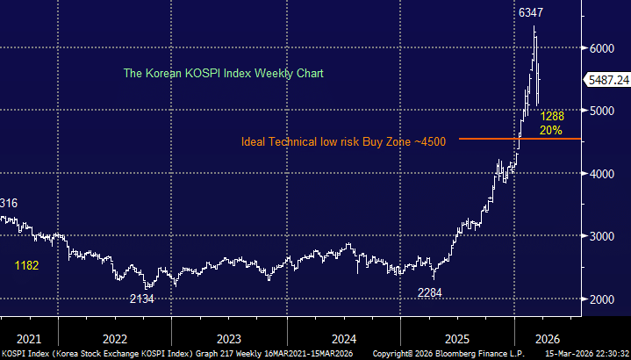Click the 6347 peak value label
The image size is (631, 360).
click(529, 13)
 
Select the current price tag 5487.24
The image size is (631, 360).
click(607, 79)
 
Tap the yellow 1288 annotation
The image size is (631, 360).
click(552, 116)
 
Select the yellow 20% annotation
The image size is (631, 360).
click(551, 130)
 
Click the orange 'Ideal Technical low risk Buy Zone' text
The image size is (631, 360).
click(345, 140)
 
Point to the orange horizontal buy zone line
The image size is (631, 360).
click(491, 138)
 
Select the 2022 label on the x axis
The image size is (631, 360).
click(115, 338)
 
